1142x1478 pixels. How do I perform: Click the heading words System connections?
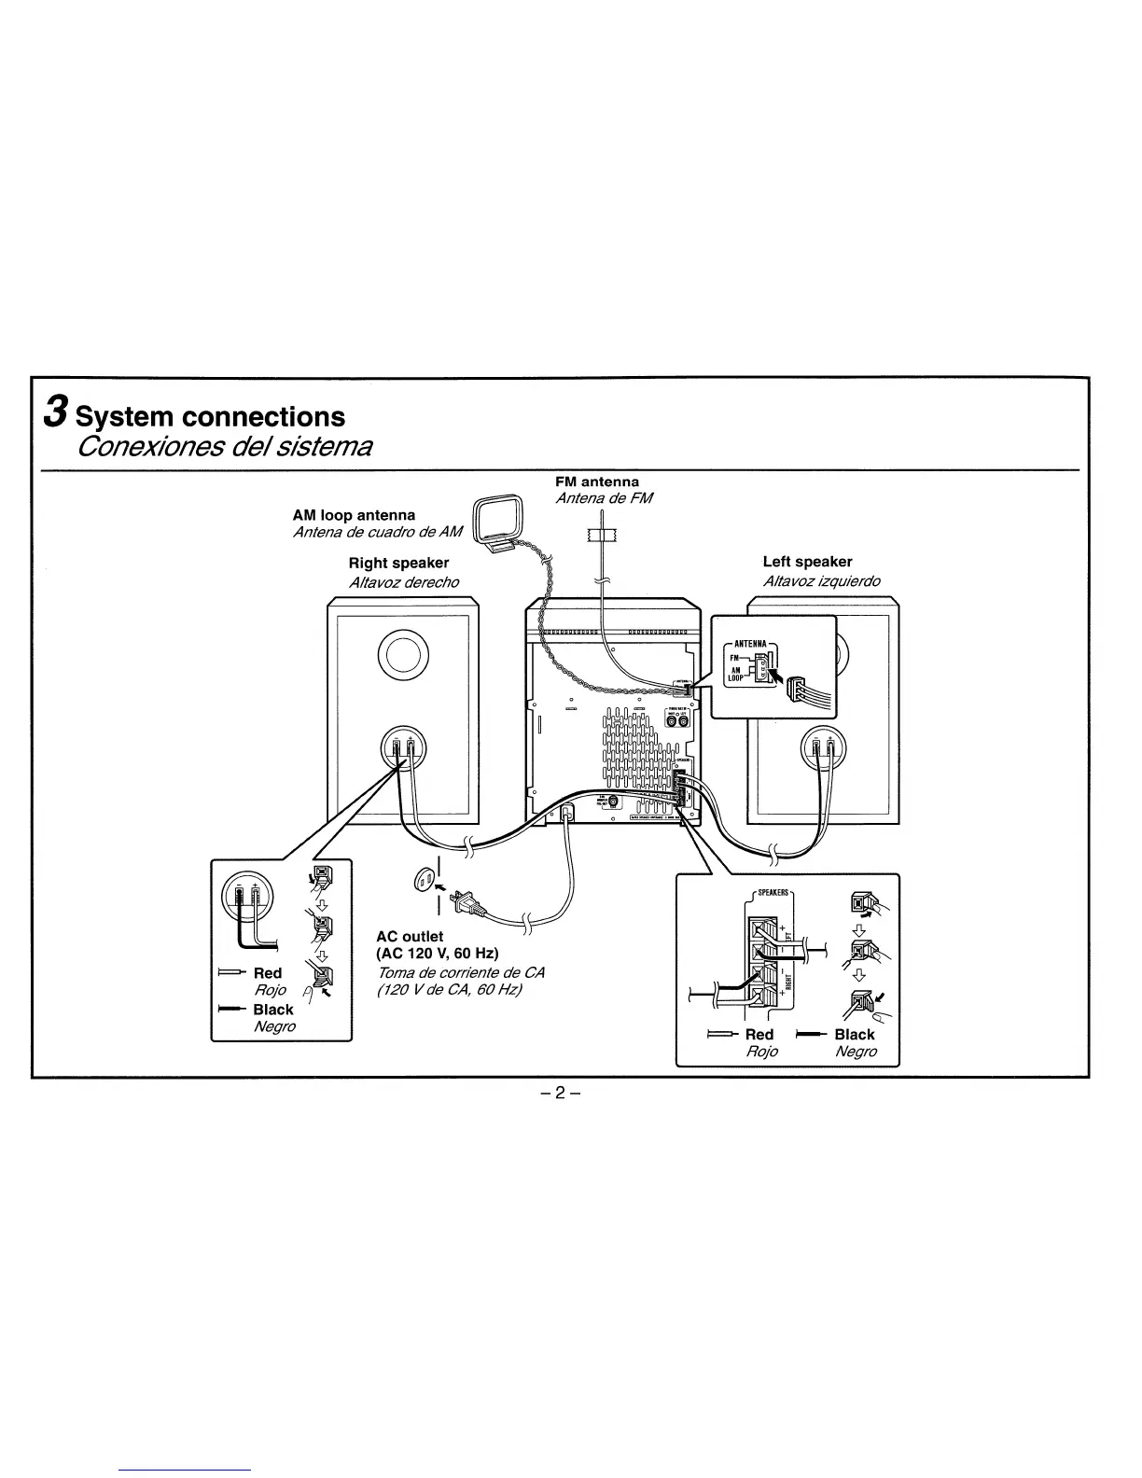click(x=210, y=416)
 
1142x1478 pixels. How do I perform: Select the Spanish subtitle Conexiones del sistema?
click(x=225, y=446)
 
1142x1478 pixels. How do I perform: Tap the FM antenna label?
click(x=597, y=481)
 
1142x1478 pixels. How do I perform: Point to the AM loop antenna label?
click(x=354, y=515)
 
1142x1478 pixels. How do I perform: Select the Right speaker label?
click(x=398, y=563)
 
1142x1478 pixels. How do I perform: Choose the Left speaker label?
click(x=807, y=562)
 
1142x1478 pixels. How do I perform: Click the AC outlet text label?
click(x=410, y=936)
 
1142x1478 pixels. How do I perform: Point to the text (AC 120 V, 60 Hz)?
click(x=438, y=954)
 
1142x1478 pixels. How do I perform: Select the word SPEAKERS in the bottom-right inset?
click(x=773, y=892)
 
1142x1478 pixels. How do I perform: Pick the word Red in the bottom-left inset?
click(x=268, y=973)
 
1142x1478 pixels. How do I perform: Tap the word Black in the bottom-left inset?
click(x=272, y=1010)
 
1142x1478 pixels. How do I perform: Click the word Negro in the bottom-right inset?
click(x=856, y=1052)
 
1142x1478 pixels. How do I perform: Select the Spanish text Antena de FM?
click(x=605, y=498)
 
